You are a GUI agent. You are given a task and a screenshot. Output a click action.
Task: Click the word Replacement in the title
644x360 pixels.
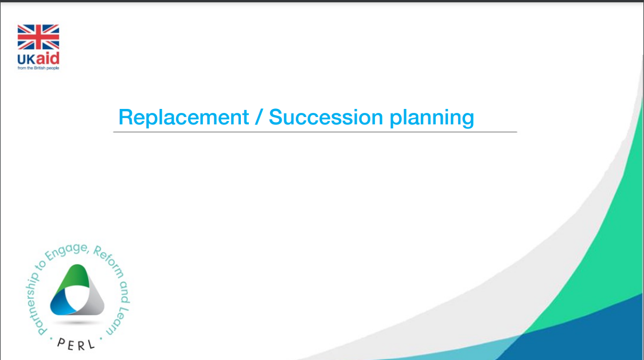click(x=184, y=117)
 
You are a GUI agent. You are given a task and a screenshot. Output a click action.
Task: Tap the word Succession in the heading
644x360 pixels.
click(x=326, y=117)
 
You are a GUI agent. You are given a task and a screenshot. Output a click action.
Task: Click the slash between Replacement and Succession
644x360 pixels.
click(x=259, y=117)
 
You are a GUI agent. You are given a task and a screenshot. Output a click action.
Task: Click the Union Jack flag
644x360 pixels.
click(x=38, y=37)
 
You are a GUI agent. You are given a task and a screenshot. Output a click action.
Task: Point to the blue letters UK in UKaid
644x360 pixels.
click(x=26, y=60)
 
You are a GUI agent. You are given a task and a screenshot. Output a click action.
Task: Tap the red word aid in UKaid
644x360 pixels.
click(x=48, y=58)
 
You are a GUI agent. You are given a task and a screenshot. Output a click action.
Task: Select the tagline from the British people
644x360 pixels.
click(x=38, y=68)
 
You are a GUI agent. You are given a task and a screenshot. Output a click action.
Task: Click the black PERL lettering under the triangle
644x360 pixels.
click(x=76, y=344)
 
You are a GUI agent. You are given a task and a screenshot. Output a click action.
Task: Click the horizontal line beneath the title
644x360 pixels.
click(x=315, y=132)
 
